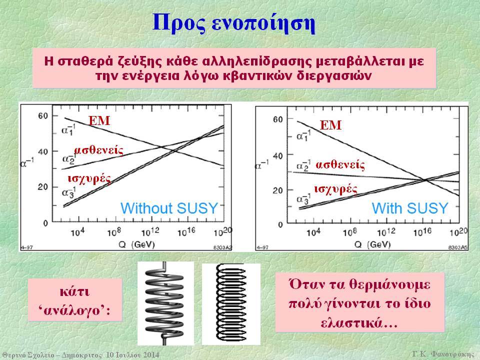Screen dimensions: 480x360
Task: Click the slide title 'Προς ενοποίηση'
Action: coord(233,23)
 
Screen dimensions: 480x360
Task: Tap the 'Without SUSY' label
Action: coord(169,208)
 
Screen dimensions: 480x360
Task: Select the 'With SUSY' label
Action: coord(410,208)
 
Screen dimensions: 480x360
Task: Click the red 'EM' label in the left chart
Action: coord(99,120)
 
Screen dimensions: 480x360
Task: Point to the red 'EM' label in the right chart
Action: coord(330,125)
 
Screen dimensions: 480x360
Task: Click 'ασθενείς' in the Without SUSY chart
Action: coord(98,150)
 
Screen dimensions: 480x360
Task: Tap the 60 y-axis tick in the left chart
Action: coord(43,115)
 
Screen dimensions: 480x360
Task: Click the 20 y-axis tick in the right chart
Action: coord(277,190)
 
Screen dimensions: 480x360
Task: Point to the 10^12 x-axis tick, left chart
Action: coord(150,231)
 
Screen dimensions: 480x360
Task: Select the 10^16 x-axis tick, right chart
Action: coord(422,232)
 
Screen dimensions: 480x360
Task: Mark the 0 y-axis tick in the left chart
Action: coord(45,223)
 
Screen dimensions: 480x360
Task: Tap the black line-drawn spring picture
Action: coord(231,303)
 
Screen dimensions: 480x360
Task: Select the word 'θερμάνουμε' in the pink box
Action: coord(389,284)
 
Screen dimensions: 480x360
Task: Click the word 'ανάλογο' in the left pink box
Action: coord(74,310)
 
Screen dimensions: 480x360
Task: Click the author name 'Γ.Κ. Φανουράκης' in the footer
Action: coord(443,354)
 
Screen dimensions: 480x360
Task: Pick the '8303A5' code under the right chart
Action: coord(458,247)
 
